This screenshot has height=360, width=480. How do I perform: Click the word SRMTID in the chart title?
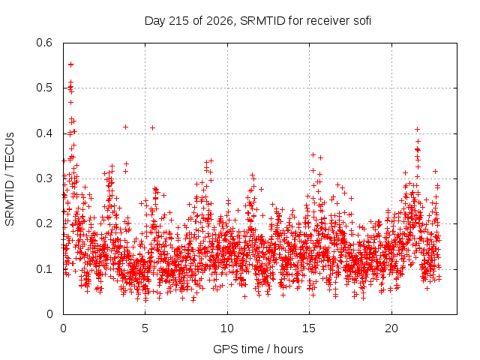click(x=262, y=21)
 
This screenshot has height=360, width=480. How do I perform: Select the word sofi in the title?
click(x=362, y=21)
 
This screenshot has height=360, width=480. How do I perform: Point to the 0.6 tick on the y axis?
click(x=44, y=43)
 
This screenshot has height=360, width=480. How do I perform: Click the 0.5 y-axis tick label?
click(x=44, y=88)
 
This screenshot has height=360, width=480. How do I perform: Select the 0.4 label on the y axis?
click(x=44, y=133)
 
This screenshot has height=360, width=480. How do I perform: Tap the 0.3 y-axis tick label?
click(x=44, y=178)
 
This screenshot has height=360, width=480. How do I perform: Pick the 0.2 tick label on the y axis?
click(x=44, y=223)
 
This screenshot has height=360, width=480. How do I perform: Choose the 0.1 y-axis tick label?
click(x=44, y=269)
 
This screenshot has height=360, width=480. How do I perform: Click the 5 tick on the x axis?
click(x=145, y=328)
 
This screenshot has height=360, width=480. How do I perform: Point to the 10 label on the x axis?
click(x=227, y=328)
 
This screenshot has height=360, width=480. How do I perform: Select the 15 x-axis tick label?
click(x=309, y=328)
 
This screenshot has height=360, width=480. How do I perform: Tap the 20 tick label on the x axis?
click(x=391, y=328)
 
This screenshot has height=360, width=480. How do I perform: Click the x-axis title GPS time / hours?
click(x=258, y=349)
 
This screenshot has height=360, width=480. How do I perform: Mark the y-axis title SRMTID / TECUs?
click(x=10, y=179)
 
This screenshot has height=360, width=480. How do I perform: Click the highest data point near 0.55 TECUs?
click(x=70, y=64)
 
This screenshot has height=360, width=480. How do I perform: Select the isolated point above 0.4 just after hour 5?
click(x=152, y=127)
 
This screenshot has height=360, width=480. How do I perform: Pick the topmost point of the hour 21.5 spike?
click(x=417, y=130)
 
